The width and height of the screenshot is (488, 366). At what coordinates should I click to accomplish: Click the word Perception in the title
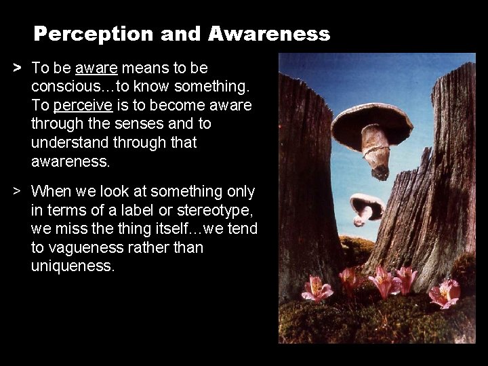click(81, 33)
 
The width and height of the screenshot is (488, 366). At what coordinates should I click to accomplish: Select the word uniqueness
click(73, 266)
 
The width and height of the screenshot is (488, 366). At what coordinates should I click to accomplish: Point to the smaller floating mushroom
click(367, 205)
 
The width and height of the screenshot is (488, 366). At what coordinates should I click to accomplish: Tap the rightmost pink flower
click(444, 293)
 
